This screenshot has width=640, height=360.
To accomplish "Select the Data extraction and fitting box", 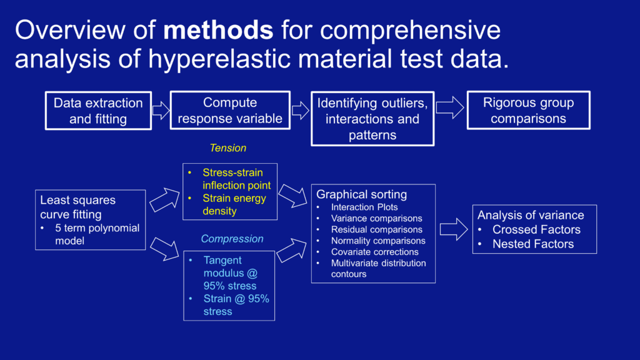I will (97, 111).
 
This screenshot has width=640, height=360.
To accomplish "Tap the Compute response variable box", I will (230, 111).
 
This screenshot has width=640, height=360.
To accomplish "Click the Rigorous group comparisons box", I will (528, 111).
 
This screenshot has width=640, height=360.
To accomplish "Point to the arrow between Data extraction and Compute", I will (161, 111).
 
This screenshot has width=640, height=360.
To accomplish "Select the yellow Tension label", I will (227, 148).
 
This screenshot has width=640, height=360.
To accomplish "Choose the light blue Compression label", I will (232, 239).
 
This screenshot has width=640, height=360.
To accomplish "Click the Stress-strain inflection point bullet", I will (236, 179).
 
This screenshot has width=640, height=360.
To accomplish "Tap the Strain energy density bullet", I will (234, 205).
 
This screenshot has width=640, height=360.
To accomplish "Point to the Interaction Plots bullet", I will (364, 207).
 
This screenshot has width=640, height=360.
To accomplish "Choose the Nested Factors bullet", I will (532, 244).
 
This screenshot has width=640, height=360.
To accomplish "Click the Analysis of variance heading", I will (531, 215).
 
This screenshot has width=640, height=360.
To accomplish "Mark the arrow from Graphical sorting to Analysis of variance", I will (453, 229).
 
